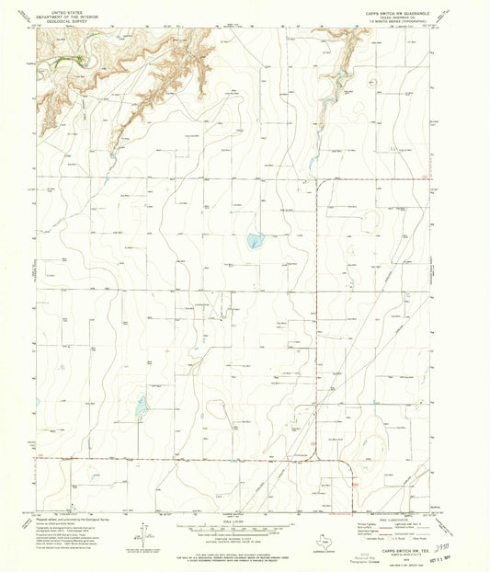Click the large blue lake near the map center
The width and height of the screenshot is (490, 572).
click(255, 242)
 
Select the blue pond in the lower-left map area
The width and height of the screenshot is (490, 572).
click(142, 405)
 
